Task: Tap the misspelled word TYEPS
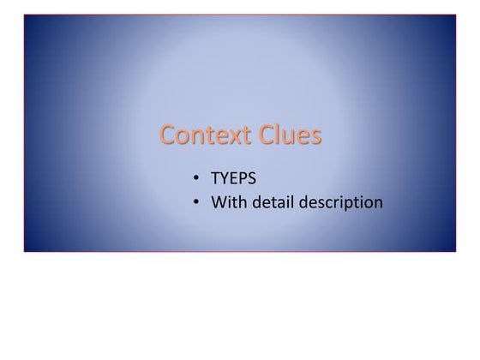click(x=233, y=179)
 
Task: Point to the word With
click(x=227, y=202)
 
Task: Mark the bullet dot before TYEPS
click(x=196, y=179)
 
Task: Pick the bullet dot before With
click(x=196, y=203)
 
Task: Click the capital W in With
click(x=219, y=202)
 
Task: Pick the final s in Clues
click(x=316, y=137)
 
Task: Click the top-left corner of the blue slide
click(x=25, y=15)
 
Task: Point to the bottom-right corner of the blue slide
click(x=455, y=251)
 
